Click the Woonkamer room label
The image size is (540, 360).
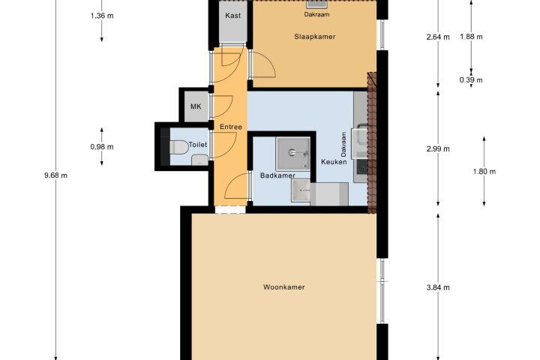click(x=283, y=287)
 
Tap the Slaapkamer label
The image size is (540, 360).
click(x=314, y=37)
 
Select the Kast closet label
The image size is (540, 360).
click(x=232, y=16)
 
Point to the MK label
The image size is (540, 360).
click(x=196, y=106)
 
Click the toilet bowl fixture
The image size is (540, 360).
click(x=178, y=148)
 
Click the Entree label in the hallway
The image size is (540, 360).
click(x=231, y=127)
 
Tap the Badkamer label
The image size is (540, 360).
click(x=277, y=175)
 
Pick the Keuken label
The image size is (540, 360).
click(x=334, y=161)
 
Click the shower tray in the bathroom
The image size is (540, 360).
click(x=293, y=153)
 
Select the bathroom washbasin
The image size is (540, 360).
click(x=301, y=190)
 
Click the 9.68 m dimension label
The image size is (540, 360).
click(x=55, y=175)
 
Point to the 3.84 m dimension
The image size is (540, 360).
click(x=438, y=287)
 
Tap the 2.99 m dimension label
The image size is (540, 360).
click(x=438, y=148)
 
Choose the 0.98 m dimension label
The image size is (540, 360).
click(x=102, y=147)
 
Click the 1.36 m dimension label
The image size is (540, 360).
click(x=102, y=16)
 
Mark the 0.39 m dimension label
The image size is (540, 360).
click(x=471, y=80)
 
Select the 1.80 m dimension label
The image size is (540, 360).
click(x=484, y=172)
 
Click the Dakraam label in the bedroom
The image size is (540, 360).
click(x=316, y=14)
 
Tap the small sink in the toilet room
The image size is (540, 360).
click(x=199, y=160)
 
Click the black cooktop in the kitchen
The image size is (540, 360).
click(x=361, y=166)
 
